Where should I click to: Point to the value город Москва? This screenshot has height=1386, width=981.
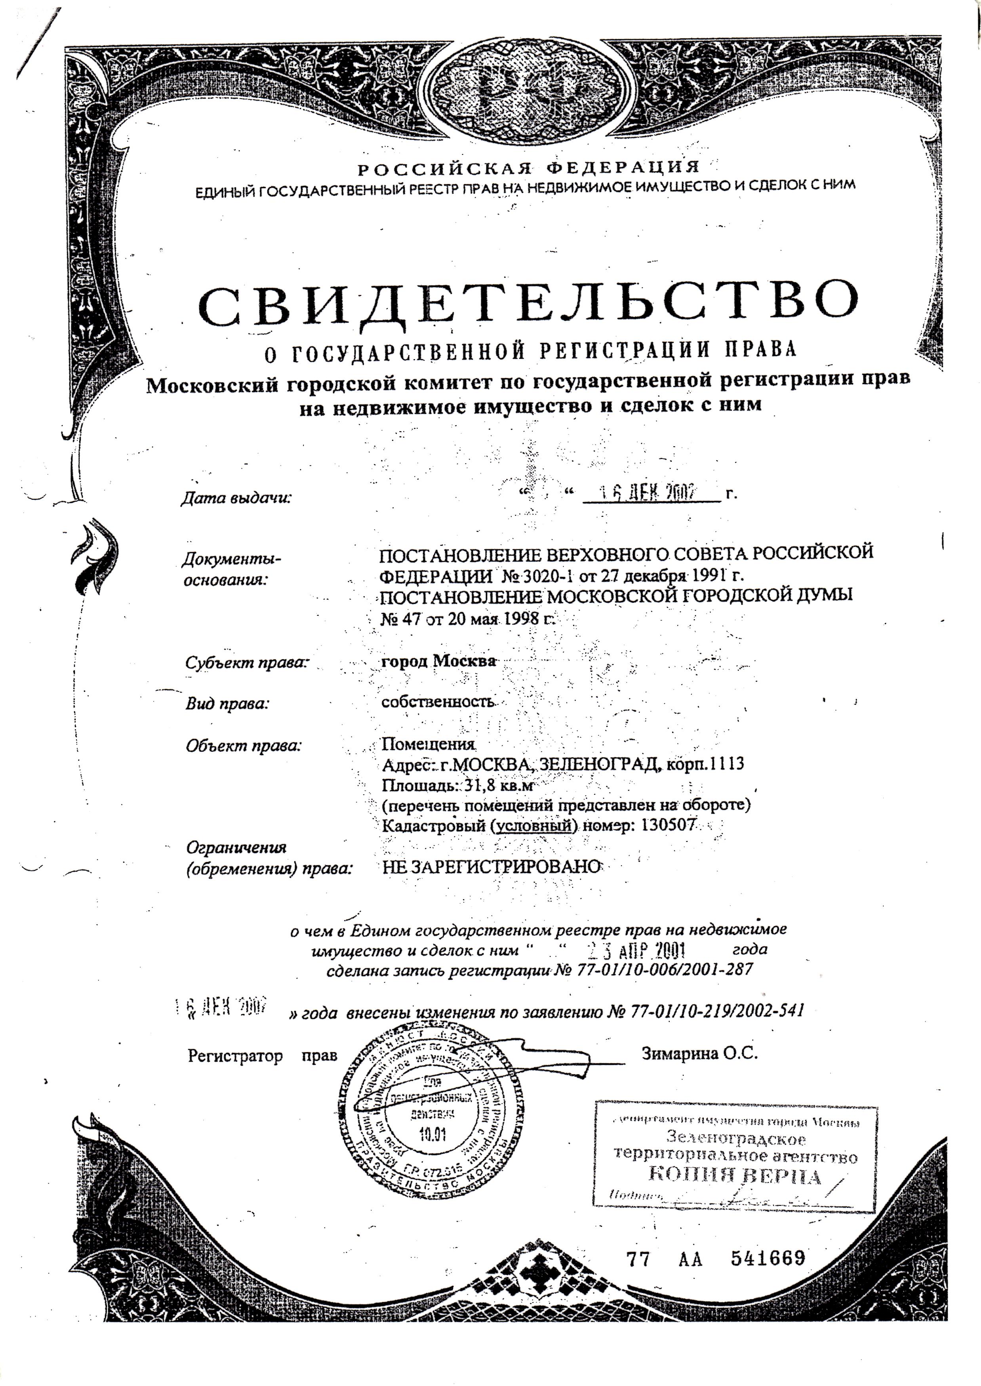438,661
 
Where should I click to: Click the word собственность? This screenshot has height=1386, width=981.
438,703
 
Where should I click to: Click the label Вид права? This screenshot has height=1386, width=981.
227,704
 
